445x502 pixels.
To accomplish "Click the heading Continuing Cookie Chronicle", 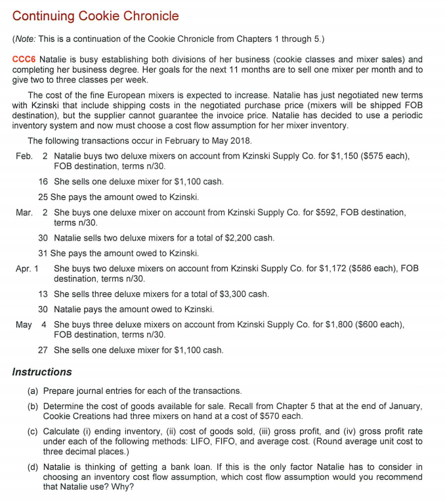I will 95,15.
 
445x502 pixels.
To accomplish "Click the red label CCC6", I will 25,60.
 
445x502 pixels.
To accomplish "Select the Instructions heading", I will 42,372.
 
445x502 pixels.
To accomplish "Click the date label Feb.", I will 24,157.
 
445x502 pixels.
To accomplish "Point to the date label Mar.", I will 24,213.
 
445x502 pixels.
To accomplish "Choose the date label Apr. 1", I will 28,269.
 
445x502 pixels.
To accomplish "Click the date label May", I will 24,324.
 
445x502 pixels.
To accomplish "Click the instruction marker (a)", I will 32,391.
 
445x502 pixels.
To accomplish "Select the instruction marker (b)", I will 32,406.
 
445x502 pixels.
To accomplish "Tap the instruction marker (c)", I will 32,431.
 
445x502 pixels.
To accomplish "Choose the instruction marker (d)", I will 32,467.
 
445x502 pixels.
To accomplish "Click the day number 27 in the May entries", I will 43,350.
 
